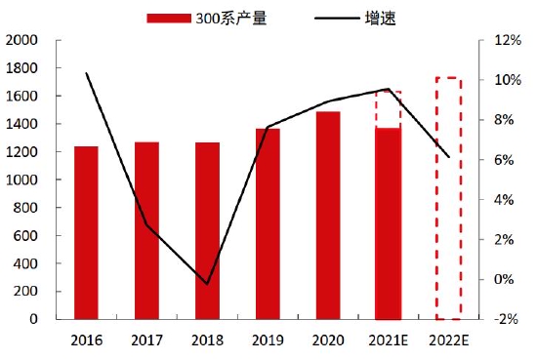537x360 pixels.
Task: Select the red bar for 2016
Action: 86,233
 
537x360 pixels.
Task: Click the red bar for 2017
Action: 146,231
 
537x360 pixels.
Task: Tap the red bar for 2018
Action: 207,231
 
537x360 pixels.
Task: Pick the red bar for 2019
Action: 268,224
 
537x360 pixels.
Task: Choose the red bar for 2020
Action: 328,216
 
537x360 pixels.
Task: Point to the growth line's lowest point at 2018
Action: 207,284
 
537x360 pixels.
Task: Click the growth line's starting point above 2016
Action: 87,73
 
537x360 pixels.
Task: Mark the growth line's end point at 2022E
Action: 448,157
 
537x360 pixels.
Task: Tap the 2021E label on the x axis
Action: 388,340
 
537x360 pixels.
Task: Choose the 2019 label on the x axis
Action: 268,340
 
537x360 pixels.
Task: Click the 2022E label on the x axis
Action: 448,340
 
